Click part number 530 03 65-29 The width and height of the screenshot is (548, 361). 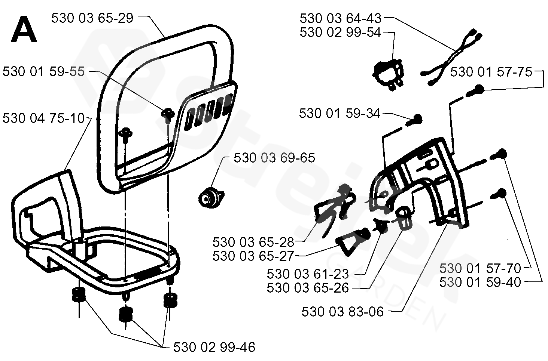(92, 18)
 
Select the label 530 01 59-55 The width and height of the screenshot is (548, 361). (43, 72)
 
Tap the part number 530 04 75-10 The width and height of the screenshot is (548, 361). (43, 118)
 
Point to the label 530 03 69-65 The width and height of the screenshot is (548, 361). (274, 158)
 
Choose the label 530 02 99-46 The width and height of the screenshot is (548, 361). (214, 347)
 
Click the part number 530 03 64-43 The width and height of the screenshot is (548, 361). (340, 18)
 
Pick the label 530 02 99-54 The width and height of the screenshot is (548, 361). (340, 33)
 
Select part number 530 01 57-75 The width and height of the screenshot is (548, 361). (491, 72)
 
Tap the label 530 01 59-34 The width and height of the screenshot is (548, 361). (340, 113)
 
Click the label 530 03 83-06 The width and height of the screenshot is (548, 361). (342, 312)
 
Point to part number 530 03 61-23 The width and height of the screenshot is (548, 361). (308, 274)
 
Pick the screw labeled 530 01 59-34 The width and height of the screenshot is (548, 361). (417, 120)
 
